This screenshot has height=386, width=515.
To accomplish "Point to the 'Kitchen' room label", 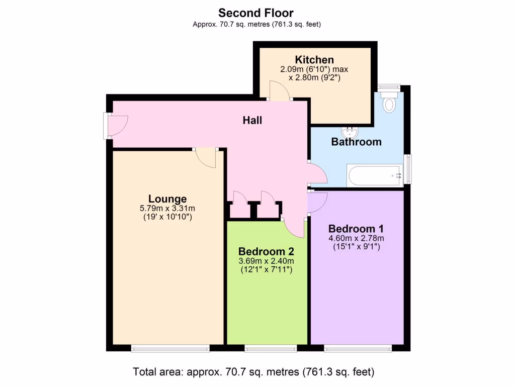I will [314, 60].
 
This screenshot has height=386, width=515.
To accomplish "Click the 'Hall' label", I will [252, 121].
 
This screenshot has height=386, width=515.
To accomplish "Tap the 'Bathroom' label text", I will [356, 142].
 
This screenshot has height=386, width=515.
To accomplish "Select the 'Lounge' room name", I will [167, 199].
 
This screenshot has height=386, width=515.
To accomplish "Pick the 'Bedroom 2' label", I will [266, 251].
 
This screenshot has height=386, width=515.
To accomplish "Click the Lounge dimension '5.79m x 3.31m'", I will [167, 208].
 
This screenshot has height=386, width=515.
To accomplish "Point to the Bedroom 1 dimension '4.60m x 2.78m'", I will [356, 238].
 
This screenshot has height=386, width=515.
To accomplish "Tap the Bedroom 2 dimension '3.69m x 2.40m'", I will [266, 261].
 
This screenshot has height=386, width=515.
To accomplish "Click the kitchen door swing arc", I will [280, 91].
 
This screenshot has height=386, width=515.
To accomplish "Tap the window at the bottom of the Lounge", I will [170, 348].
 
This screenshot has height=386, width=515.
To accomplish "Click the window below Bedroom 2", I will [271, 348].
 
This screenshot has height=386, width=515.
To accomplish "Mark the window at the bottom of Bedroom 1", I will [358, 348].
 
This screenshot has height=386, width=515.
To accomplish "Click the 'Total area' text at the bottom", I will [253, 372].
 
